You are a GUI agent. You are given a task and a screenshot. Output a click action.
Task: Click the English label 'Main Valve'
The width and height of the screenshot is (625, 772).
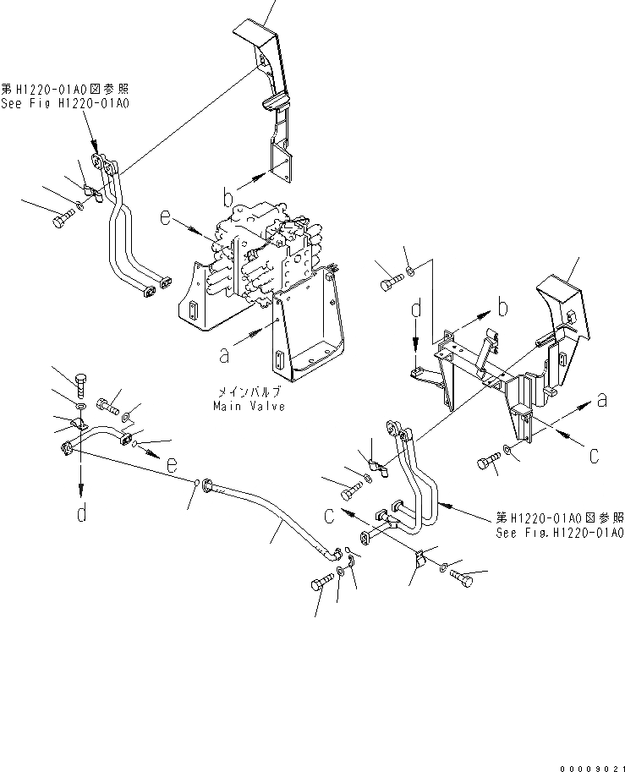249,406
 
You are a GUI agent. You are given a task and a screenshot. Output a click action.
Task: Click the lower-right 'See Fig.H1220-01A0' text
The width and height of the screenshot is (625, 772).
560,533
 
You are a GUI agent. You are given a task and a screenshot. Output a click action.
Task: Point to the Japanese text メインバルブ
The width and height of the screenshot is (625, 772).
249,393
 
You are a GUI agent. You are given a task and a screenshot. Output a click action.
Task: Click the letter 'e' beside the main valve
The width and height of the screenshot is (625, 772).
166,219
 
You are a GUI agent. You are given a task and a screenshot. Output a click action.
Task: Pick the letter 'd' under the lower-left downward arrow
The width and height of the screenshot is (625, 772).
81,512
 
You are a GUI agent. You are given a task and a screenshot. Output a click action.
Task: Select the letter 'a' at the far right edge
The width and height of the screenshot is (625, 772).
601,401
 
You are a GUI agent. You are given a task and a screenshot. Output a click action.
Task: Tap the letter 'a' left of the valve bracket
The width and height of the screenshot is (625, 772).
224,356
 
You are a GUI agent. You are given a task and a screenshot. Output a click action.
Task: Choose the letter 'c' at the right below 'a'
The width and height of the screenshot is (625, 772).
594,455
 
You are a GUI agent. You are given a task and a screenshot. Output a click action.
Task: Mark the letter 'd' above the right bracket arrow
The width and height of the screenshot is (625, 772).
416,310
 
